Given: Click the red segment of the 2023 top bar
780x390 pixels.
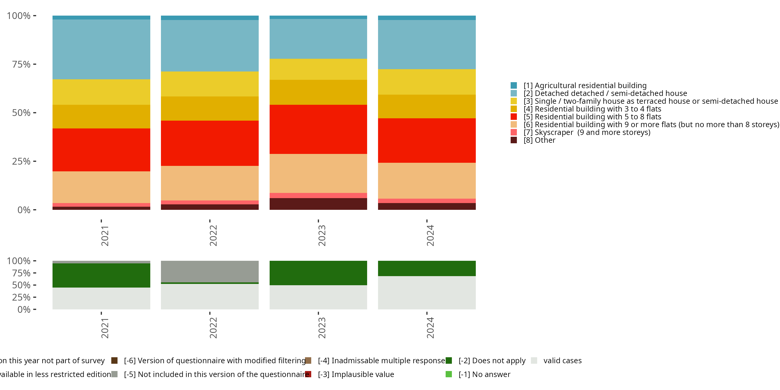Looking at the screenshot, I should [x=318, y=129].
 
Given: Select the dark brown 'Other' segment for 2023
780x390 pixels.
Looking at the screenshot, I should [x=318, y=204].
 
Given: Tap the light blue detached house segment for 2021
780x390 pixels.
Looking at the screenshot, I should [x=101, y=49].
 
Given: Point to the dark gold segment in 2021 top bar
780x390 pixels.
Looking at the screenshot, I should [x=101, y=116].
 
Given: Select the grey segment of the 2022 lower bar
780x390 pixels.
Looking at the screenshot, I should [x=210, y=271].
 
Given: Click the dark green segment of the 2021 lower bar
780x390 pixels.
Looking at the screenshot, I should [x=101, y=275].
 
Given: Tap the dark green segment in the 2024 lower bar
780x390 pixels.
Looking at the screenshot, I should [x=427, y=268].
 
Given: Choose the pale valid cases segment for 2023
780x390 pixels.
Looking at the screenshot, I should [x=318, y=297].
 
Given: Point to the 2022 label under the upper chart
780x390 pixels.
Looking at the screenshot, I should [x=213, y=236].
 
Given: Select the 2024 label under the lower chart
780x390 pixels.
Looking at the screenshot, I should [x=430, y=328].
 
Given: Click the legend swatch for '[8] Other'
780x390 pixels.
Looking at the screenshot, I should [x=513, y=140].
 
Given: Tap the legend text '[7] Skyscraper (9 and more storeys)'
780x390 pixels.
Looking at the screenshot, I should [x=587, y=132].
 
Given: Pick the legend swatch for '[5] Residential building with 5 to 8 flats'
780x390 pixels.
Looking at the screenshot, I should [x=513, y=116].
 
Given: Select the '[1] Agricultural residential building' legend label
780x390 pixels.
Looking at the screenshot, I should [x=585, y=85].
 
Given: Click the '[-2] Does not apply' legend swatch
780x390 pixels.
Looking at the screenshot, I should [x=449, y=360].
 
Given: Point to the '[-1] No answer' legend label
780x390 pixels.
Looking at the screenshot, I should [x=484, y=374].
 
